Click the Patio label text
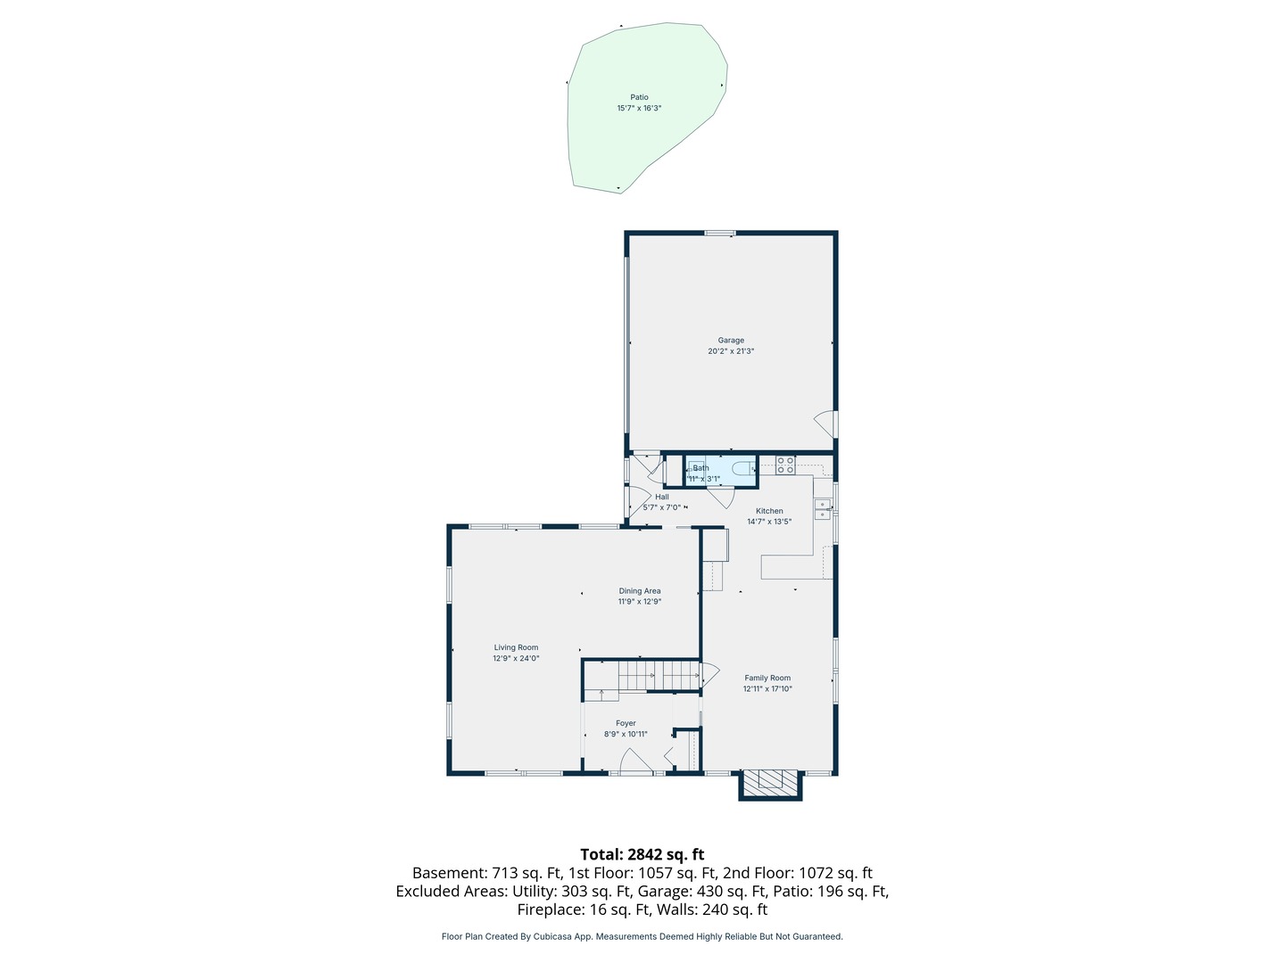click(x=639, y=97)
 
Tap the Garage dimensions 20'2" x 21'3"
click(x=731, y=350)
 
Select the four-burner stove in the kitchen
click(x=785, y=465)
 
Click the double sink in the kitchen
click(x=823, y=508)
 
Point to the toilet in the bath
click(x=742, y=468)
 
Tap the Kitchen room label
click(x=768, y=510)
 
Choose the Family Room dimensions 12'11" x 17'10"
click(x=767, y=688)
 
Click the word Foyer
click(x=626, y=722)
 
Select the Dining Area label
click(x=639, y=590)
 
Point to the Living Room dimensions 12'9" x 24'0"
click(x=516, y=658)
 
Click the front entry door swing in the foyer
click(x=635, y=760)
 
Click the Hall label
click(x=661, y=497)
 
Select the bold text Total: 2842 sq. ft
click(x=642, y=854)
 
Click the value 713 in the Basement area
click(x=504, y=873)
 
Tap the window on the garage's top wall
click(x=719, y=234)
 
